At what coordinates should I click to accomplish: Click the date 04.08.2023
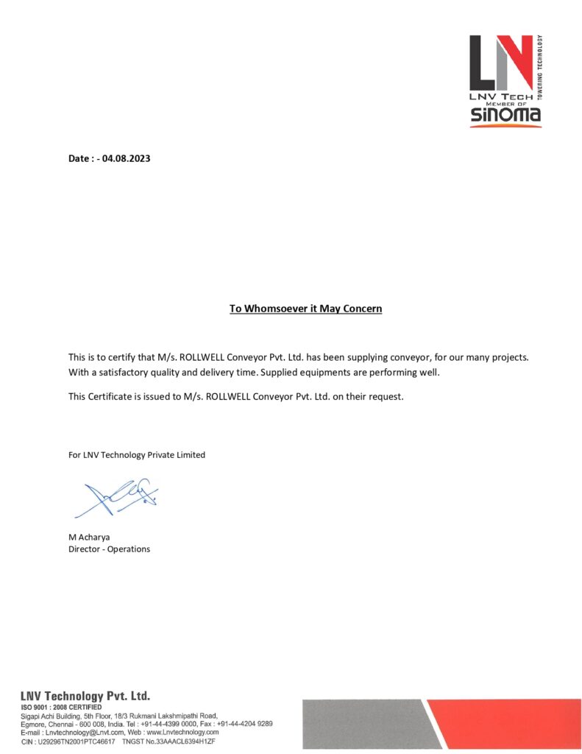pos(127,158)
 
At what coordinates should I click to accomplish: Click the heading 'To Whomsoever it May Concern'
pos(305,309)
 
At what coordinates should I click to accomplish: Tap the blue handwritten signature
pos(121,498)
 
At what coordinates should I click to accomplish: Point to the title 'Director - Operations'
pos(109,549)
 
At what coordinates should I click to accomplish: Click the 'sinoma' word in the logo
pos(505,114)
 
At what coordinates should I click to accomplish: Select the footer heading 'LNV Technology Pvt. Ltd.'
pos(85,696)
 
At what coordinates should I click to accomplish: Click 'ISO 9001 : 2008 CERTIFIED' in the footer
pos(62,707)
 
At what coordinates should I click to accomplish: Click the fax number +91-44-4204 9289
pos(245,724)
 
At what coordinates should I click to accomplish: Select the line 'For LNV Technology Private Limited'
pos(137,455)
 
